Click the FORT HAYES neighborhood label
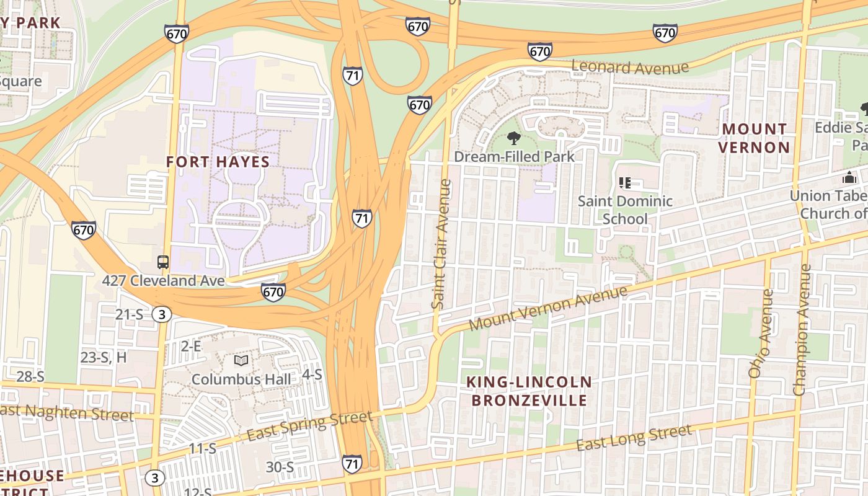click(218, 162)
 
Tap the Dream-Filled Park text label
click(515, 156)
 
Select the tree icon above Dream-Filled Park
click(513, 138)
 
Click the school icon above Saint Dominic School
click(625, 183)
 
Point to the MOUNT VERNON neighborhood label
click(755, 138)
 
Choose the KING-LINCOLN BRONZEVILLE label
click(529, 391)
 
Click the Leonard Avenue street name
click(630, 67)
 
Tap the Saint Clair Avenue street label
click(440, 244)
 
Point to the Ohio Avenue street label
click(761, 334)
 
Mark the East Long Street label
click(634, 438)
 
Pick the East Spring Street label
click(309, 426)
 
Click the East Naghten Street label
click(67, 412)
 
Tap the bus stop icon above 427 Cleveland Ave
click(163, 262)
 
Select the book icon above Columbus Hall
click(241, 360)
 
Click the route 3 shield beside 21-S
click(161, 314)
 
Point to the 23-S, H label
click(104, 357)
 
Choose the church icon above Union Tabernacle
click(849, 177)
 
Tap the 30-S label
click(280, 467)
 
